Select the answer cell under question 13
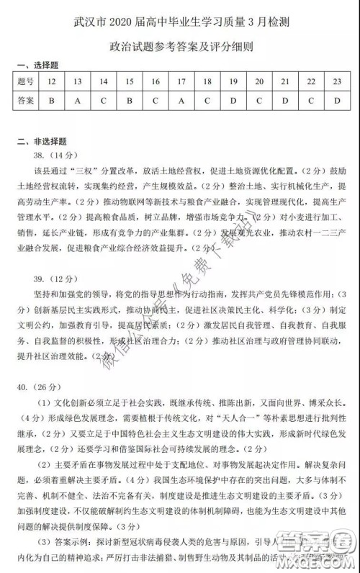78,101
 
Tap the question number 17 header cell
181,81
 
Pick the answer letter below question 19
233,101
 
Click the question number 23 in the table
337,81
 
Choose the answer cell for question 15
130,101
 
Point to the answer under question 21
285,101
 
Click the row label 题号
24,81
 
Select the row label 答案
24,101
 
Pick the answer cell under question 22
311,101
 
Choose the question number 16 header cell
156,81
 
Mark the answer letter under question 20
259,101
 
